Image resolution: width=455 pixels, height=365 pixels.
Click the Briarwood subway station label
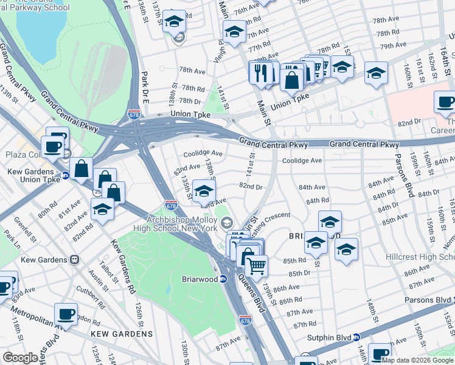(200, 279)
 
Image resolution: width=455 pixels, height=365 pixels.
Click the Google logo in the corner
(20, 357)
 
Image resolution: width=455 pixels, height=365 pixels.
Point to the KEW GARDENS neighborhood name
(122, 334)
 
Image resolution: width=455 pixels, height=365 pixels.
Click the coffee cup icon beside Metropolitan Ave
(66, 315)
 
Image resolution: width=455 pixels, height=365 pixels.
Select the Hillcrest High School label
(420, 257)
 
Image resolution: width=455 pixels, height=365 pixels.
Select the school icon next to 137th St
(175, 23)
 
